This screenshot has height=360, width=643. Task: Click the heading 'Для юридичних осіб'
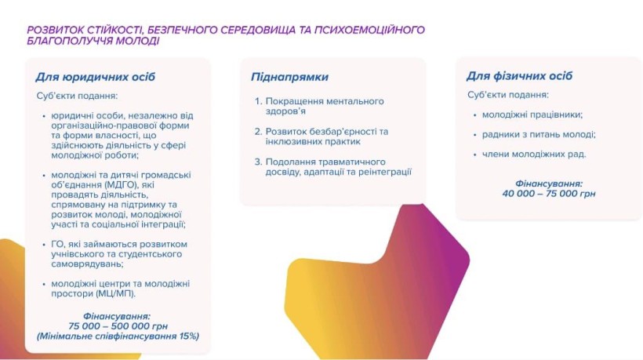pyautogui.click(x=96, y=77)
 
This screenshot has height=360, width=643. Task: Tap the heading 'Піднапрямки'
pyautogui.click(x=289, y=77)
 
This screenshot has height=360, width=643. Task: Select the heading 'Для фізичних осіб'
pyautogui.click(x=519, y=76)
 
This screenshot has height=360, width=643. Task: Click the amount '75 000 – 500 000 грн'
pyautogui.click(x=118, y=325)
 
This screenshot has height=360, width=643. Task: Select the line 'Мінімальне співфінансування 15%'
pyautogui.click(x=118, y=336)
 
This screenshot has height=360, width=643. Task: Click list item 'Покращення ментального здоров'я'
pyautogui.click(x=324, y=107)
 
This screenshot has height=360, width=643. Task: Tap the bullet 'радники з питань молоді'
pyautogui.click(x=534, y=134)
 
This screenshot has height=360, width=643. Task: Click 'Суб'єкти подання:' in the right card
pyautogui.click(x=507, y=94)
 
